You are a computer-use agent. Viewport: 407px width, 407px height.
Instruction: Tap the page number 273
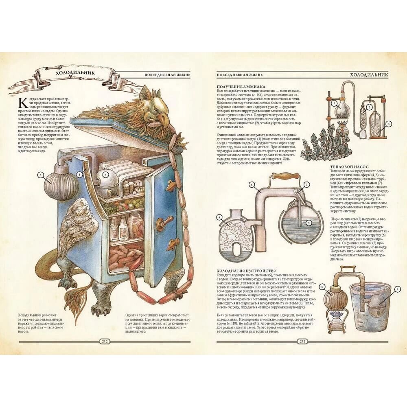click(303, 341)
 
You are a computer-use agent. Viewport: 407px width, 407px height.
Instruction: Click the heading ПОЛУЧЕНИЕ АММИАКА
click(241, 87)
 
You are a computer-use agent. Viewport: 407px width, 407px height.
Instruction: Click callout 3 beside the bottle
click(388, 124)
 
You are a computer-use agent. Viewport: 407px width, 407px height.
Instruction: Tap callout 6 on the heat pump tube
click(252, 184)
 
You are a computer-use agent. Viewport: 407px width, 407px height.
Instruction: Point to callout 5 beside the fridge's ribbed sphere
click(40, 175)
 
